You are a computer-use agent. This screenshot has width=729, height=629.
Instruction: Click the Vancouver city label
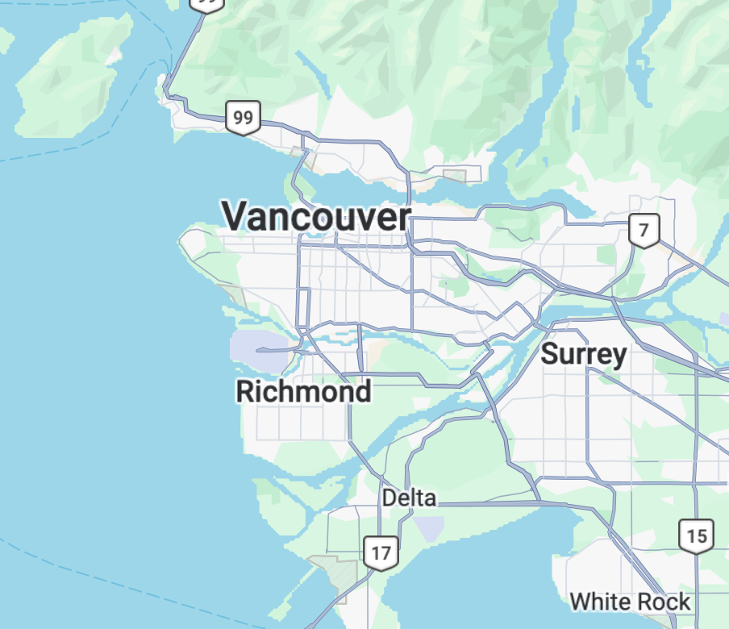(316, 217)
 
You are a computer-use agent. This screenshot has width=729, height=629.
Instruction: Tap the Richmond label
(303, 392)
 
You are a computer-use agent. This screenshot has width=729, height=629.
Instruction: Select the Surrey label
(583, 354)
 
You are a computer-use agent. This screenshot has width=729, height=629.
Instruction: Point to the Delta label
(409, 498)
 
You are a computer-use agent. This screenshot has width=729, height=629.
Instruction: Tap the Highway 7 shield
(644, 231)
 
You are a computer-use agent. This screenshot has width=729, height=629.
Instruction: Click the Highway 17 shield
(381, 553)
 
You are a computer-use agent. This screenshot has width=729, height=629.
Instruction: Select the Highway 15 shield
(695, 535)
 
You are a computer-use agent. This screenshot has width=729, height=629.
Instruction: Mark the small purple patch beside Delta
(429, 529)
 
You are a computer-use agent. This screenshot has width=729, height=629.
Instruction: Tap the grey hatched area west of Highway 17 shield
(340, 574)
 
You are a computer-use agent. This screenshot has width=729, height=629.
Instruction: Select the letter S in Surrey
(550, 354)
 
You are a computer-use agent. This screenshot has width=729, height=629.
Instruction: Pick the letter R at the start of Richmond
(245, 392)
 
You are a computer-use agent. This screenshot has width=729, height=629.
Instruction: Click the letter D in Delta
(389, 498)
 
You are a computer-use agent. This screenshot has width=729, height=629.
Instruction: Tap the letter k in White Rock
(684, 602)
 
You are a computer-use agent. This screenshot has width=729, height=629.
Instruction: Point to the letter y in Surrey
(619, 357)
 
